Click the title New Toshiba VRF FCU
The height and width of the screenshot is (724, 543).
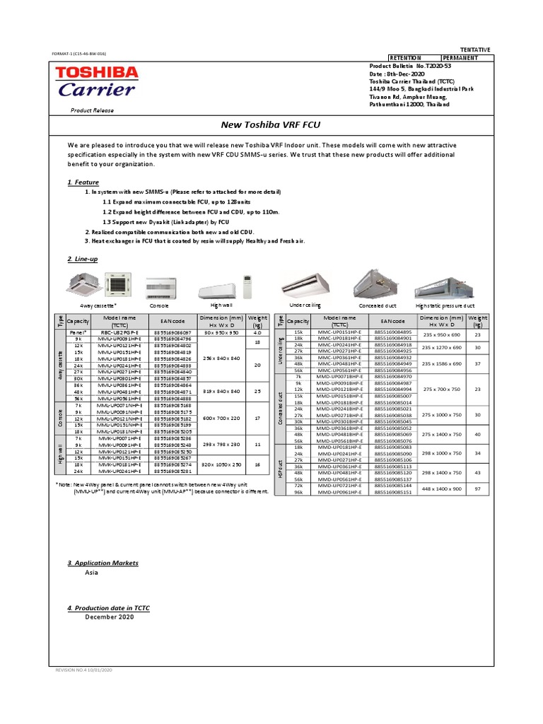[271, 124]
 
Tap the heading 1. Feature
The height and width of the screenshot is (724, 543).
[83, 182]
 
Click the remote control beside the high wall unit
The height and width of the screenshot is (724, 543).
[247, 286]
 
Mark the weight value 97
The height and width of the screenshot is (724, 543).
[478, 489]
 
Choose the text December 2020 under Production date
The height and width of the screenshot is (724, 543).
[110, 617]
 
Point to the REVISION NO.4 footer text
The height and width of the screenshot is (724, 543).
[84, 669]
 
